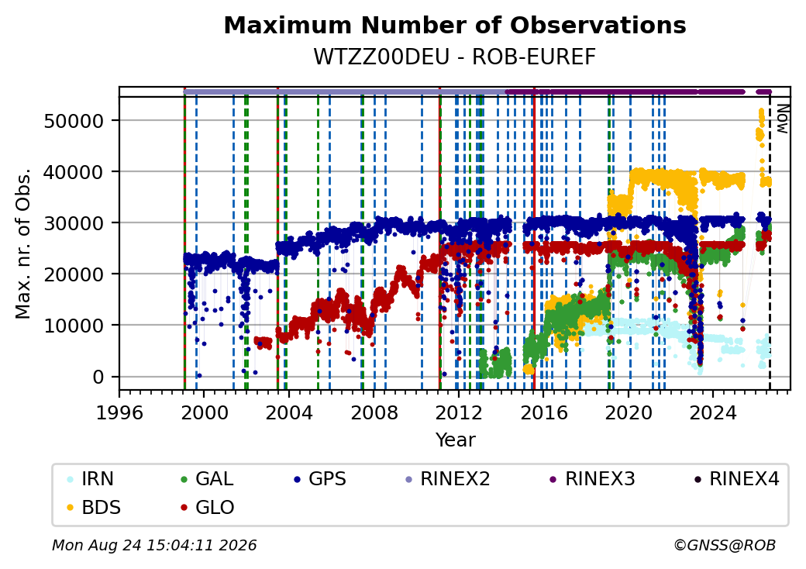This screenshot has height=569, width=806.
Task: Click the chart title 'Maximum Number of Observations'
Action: [x=455, y=25]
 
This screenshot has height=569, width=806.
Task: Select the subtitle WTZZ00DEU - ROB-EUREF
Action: [x=455, y=57]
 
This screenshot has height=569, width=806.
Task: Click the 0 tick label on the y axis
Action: [x=98, y=377]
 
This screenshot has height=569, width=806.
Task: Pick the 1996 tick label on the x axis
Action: [x=119, y=412]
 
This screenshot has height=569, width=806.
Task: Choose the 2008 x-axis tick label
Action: [x=374, y=412]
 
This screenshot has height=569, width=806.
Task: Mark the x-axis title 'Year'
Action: [x=456, y=440]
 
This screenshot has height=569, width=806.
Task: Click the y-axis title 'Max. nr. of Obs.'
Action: [x=23, y=243]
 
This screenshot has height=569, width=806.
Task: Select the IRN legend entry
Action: [x=91, y=479]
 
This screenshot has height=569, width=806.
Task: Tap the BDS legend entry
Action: [x=95, y=508]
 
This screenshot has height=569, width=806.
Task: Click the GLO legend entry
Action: [x=208, y=508]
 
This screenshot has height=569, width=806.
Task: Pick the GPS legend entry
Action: [x=319, y=479]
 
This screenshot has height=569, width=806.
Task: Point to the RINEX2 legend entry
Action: [x=448, y=479]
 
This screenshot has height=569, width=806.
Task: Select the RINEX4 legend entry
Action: [x=736, y=479]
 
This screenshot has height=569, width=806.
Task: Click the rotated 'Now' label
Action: [x=782, y=119]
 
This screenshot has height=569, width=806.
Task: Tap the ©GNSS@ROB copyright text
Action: [x=725, y=545]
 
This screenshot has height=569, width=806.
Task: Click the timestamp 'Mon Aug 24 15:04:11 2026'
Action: [x=154, y=545]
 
